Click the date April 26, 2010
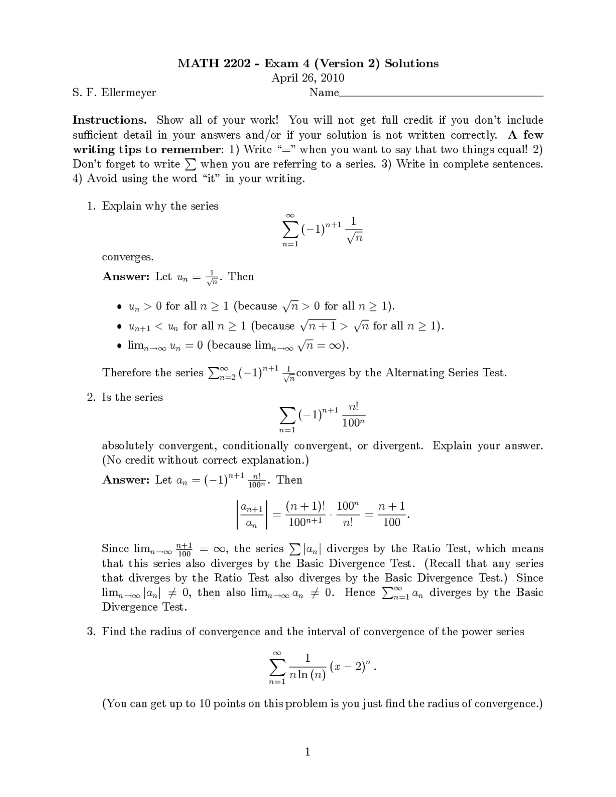point(308,78)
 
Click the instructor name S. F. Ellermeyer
point(115,92)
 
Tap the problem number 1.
point(91,206)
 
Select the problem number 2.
point(91,398)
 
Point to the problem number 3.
point(91,631)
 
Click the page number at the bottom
point(308,752)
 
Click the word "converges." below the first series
point(128,257)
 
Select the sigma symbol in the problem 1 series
point(289,229)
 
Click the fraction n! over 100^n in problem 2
point(353,415)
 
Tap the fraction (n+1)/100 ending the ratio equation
point(391,514)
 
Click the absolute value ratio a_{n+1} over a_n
point(251,514)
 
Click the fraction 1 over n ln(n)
point(308,667)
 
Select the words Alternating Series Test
point(445,373)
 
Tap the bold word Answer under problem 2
point(126,480)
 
